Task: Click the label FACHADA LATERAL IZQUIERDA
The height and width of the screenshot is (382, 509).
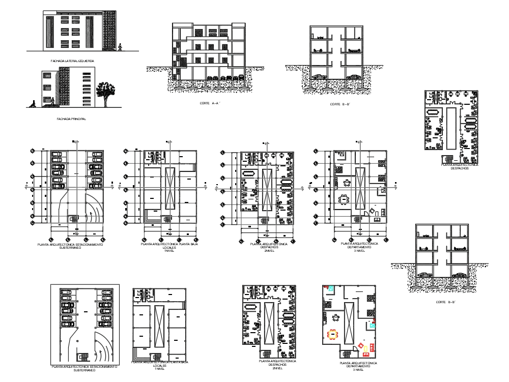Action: tap(72, 61)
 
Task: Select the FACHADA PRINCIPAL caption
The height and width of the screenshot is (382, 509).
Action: tap(72, 119)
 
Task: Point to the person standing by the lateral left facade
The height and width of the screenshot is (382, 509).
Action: tap(120, 47)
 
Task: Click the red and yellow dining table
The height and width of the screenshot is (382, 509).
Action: tap(334, 334)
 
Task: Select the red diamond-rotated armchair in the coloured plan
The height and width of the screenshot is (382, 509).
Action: tap(361, 346)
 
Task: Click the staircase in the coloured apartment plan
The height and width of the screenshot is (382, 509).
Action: tap(348, 354)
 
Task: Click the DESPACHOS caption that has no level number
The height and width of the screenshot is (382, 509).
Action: tap(460, 168)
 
